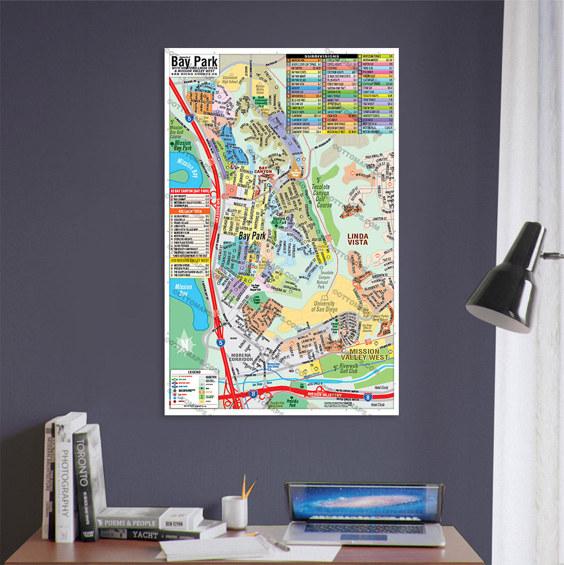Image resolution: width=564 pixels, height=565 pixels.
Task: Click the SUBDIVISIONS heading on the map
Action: pos(321,56)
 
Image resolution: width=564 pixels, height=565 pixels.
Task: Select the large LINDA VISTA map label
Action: pos(358,238)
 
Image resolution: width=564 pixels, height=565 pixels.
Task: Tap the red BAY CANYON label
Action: pos(261,169)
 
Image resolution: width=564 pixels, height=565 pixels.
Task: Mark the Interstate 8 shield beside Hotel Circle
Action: pos(368,398)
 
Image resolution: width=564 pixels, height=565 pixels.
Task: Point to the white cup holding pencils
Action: pos(234,512)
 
